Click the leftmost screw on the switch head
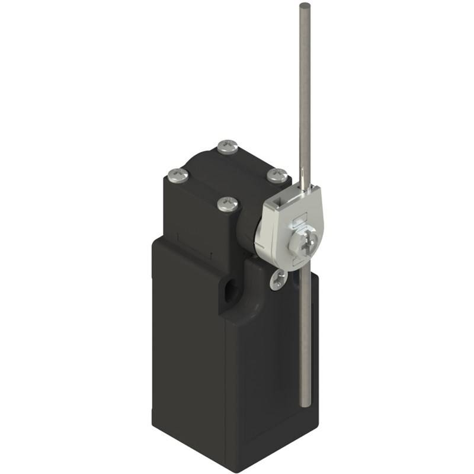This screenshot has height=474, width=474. click(x=178, y=174)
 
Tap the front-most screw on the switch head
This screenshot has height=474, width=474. click(x=228, y=204)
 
